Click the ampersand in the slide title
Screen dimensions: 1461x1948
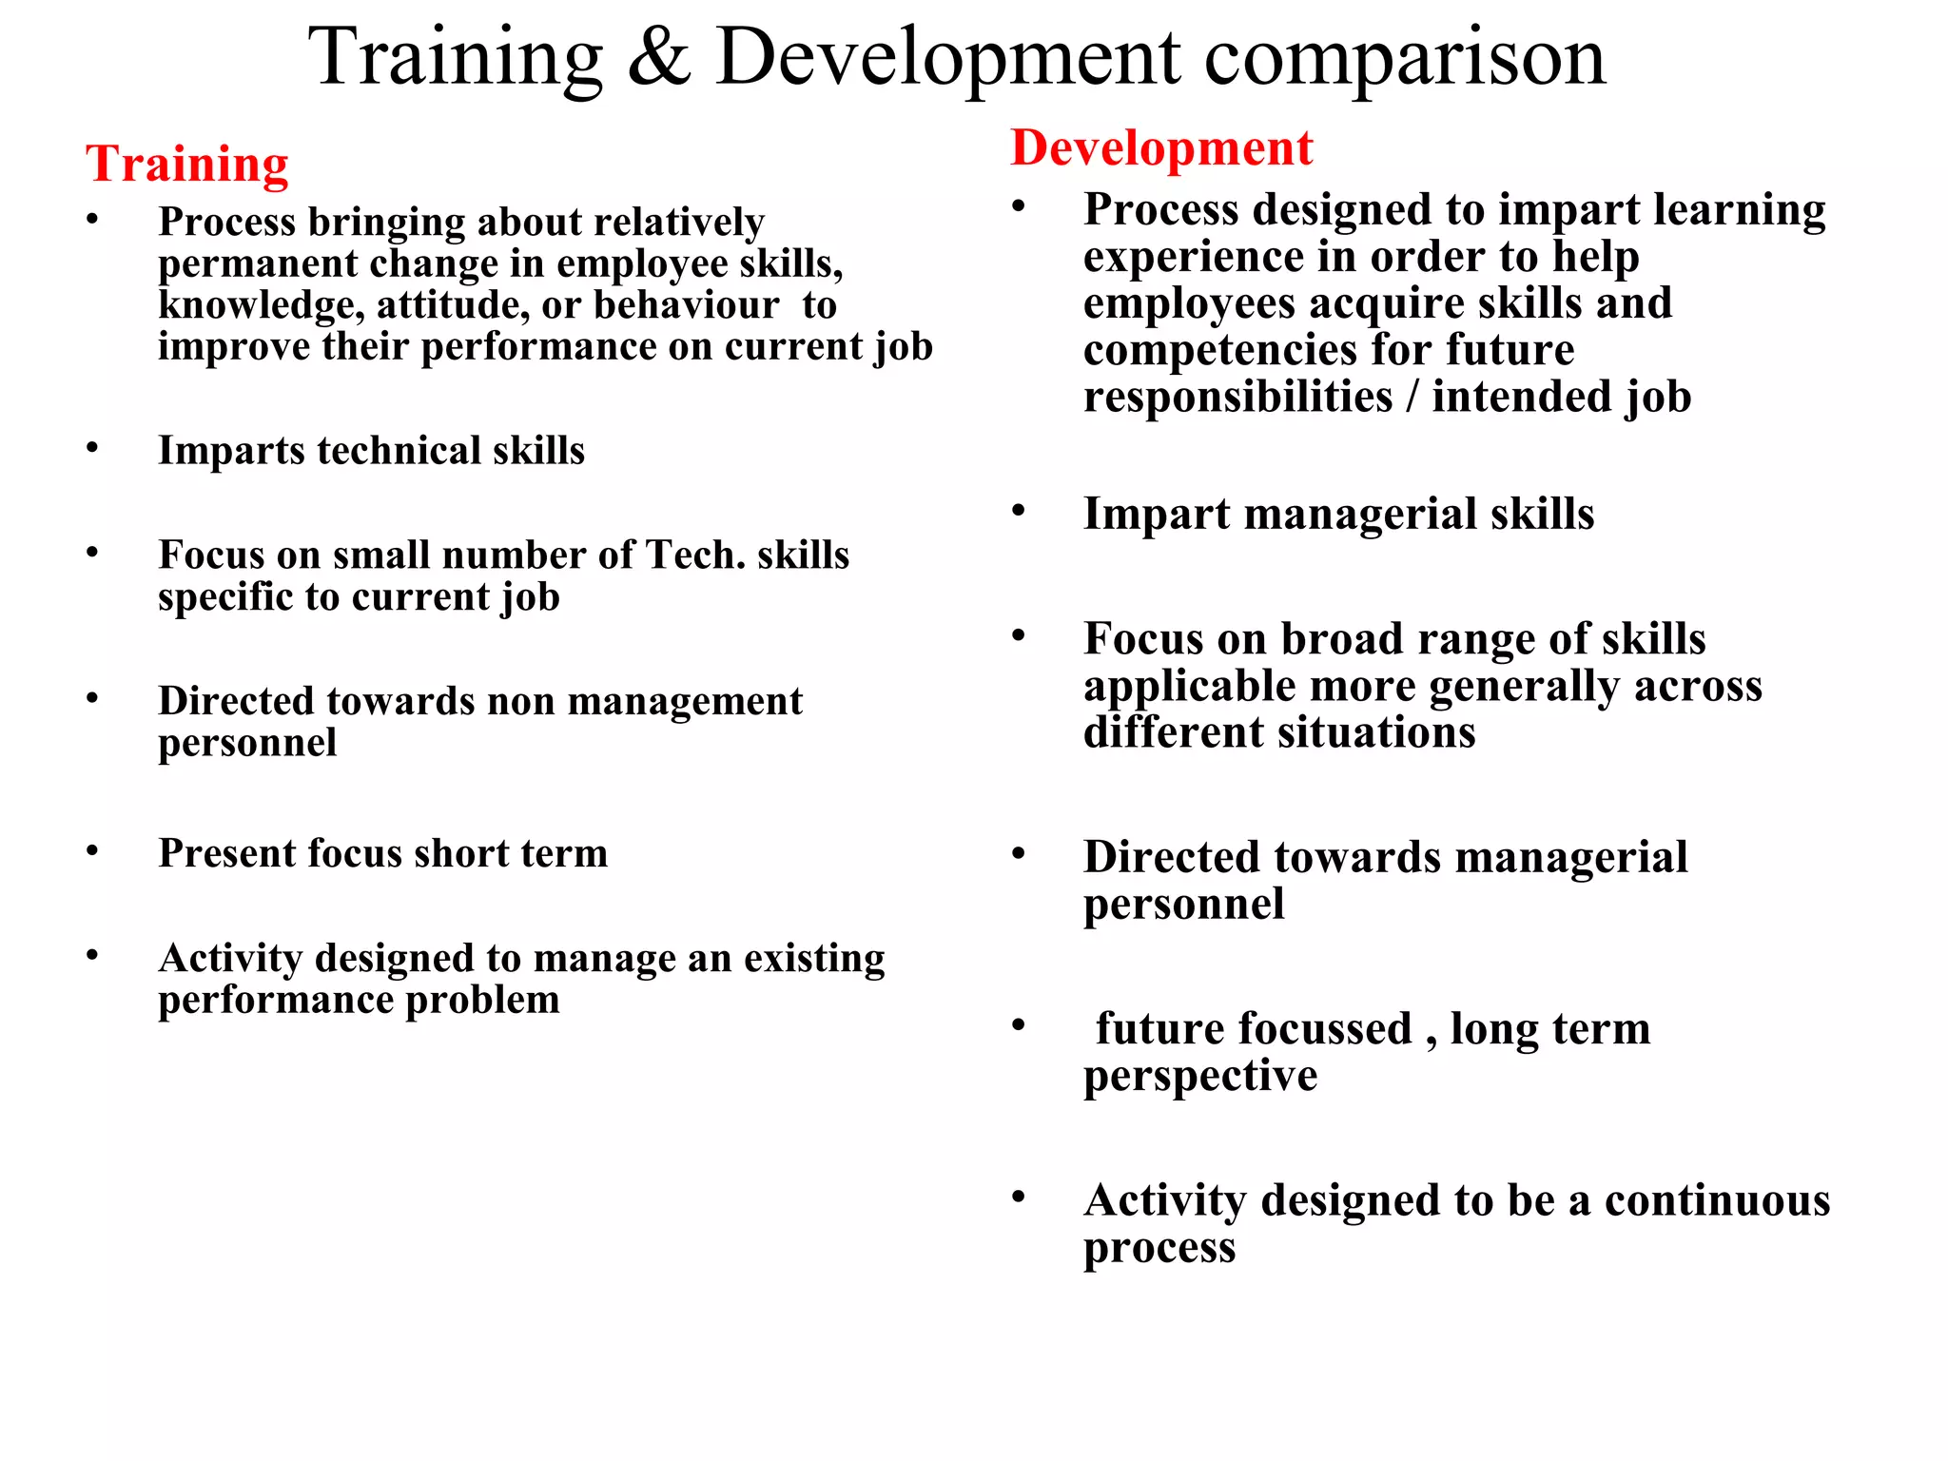click(658, 57)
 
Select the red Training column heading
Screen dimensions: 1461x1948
click(187, 164)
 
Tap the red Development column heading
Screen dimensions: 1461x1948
click(1161, 148)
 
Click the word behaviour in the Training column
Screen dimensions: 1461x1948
click(686, 305)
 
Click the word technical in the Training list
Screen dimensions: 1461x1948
click(399, 450)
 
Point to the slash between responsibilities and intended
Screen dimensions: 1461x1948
click(1412, 397)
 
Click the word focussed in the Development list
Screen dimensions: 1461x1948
click(1253, 1028)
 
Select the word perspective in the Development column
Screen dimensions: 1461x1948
click(1199, 1077)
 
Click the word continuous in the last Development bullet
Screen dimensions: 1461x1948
click(1717, 1200)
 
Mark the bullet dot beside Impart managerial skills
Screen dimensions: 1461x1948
click(1019, 511)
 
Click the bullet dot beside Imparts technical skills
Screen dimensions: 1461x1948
click(92, 447)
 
